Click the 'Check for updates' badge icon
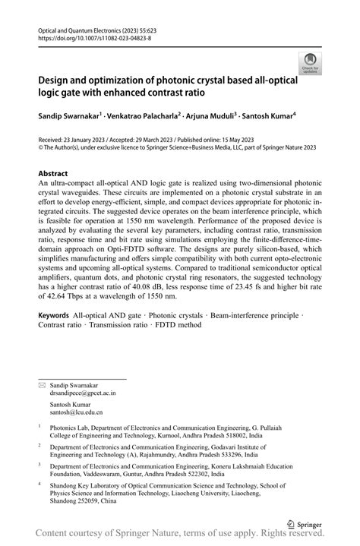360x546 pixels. click(310, 64)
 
